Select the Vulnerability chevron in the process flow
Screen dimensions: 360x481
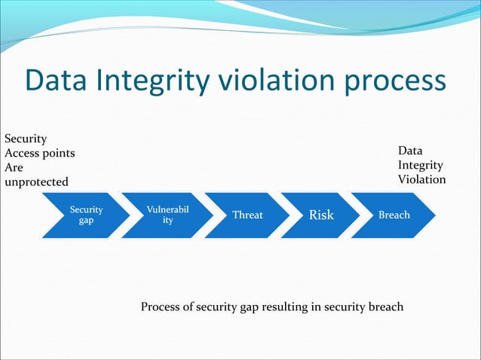(166, 215)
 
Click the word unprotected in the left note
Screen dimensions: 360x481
(36, 182)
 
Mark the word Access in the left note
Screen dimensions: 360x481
(23, 154)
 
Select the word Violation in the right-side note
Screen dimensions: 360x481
(421, 180)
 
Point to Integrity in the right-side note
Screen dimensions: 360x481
(421, 166)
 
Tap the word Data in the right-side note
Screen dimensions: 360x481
(411, 151)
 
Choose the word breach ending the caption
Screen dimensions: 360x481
(385, 307)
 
